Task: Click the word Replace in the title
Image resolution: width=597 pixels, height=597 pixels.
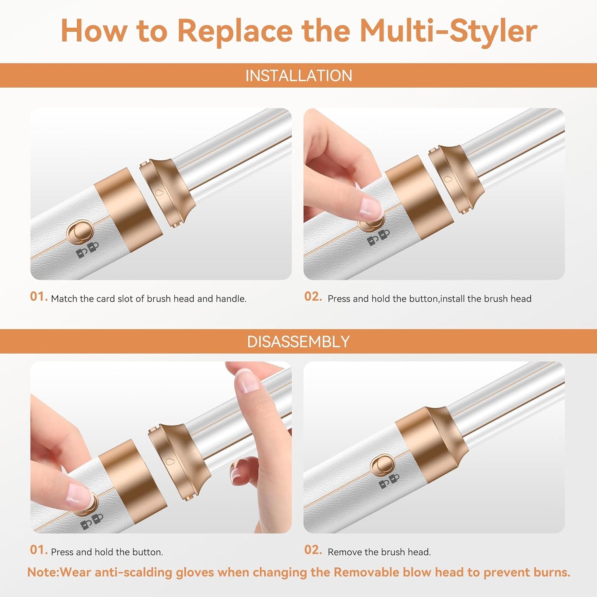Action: pyautogui.click(x=235, y=31)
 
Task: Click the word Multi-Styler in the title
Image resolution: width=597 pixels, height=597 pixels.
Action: pyautogui.click(x=448, y=31)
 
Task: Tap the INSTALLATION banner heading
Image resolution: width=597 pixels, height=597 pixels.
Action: pyautogui.click(x=298, y=76)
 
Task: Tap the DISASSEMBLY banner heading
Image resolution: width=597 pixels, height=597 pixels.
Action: pyautogui.click(x=298, y=342)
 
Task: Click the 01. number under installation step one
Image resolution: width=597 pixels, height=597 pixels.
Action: pyautogui.click(x=39, y=297)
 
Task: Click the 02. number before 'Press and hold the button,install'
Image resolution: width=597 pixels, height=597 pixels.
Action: pyautogui.click(x=313, y=297)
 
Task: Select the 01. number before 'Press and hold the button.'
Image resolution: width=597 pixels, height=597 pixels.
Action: pyautogui.click(x=39, y=550)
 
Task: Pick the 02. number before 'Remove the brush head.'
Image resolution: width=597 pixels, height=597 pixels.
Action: pyautogui.click(x=313, y=550)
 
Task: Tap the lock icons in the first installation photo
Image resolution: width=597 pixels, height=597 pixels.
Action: pyautogui.click(x=88, y=250)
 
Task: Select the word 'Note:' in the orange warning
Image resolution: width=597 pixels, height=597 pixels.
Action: pyautogui.click(x=43, y=573)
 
